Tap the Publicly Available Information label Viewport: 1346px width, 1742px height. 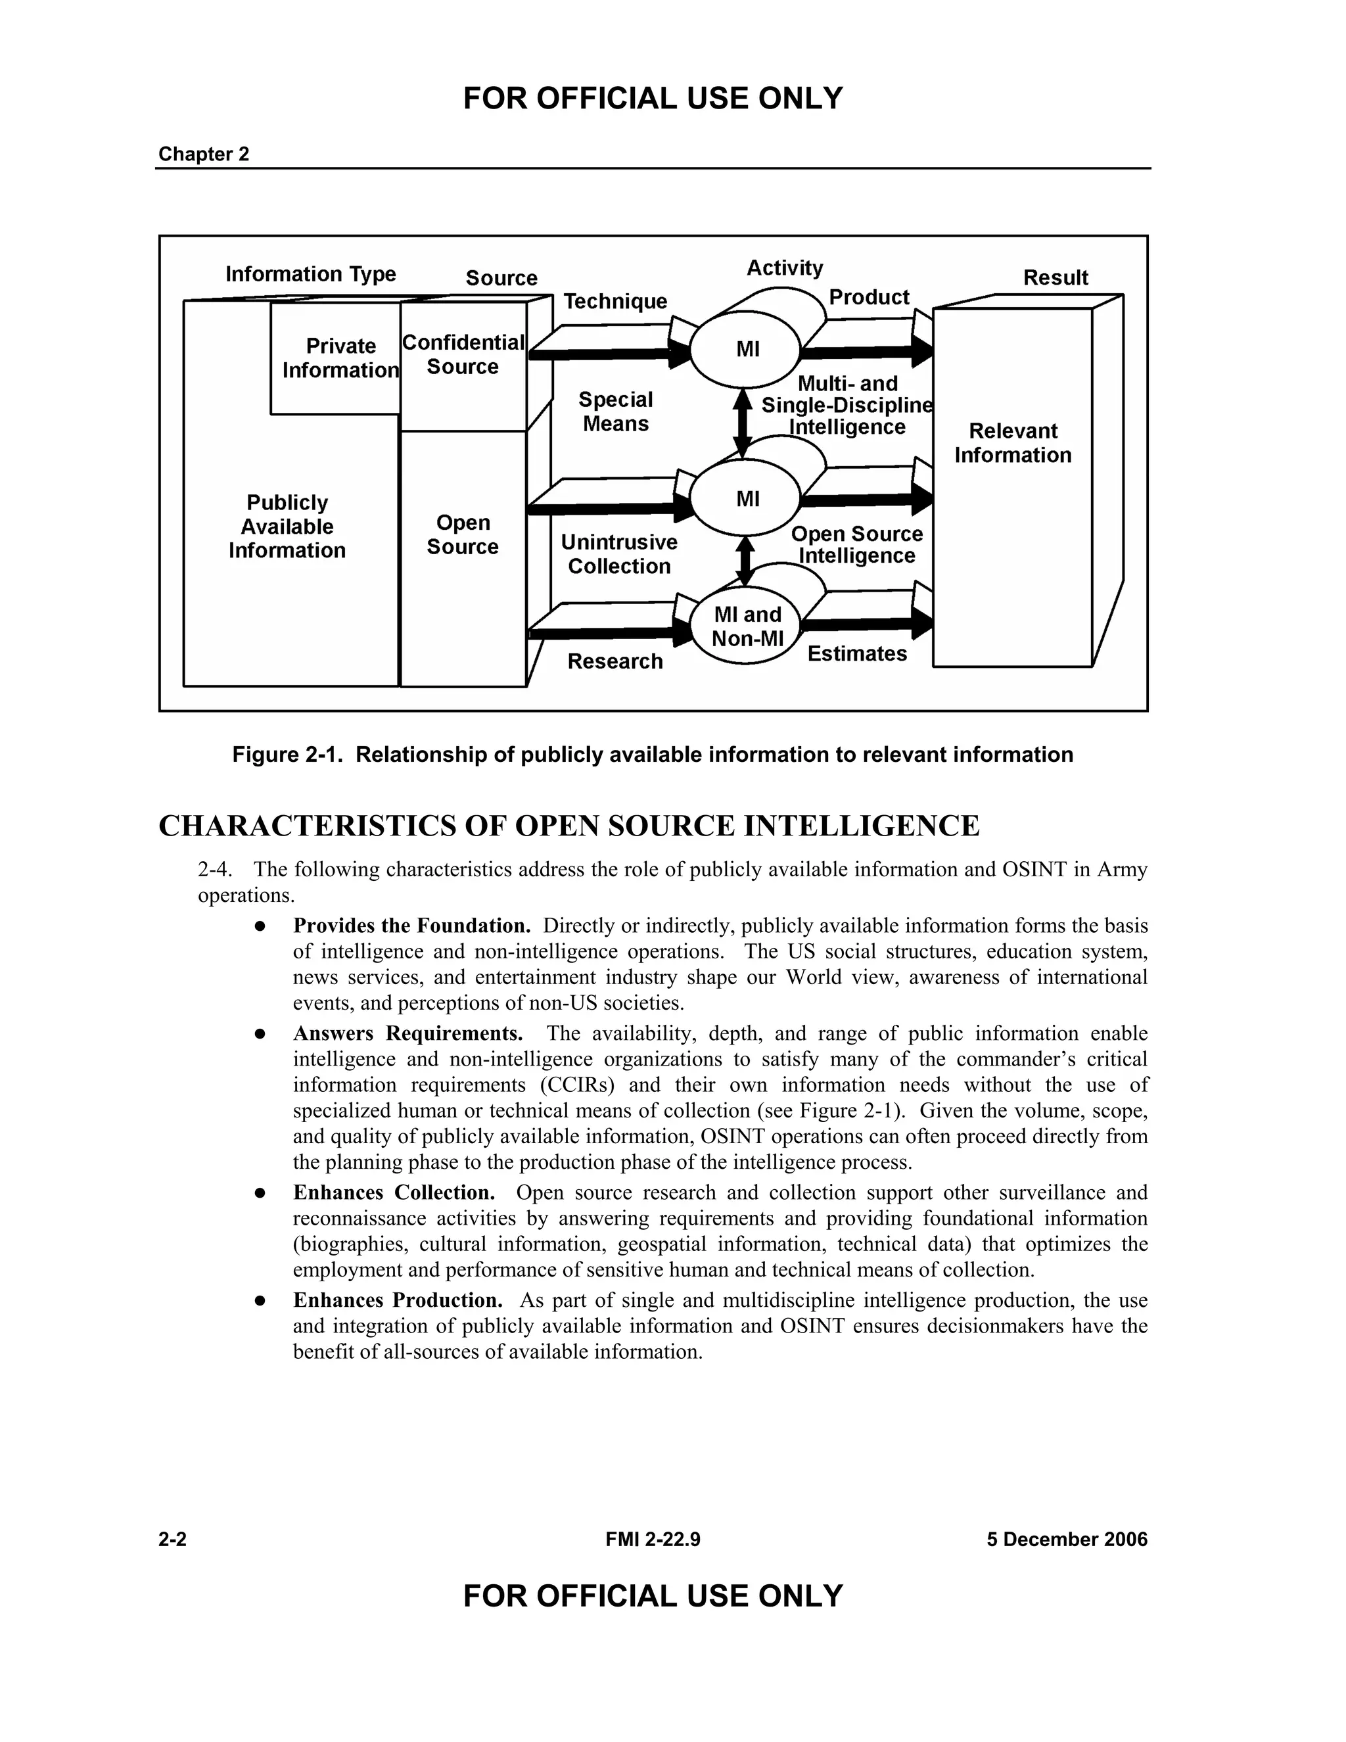287,527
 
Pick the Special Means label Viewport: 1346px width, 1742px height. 616,412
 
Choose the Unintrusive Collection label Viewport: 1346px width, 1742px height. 618,554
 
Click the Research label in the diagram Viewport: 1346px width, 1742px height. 615,661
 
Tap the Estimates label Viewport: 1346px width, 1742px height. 857,654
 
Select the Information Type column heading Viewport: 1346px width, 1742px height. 310,274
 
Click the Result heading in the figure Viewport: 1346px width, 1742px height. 1055,277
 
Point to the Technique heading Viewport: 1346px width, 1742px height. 615,302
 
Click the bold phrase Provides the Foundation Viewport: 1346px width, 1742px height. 411,926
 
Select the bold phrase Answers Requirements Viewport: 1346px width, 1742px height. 407,1034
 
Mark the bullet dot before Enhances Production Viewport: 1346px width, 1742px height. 260,1301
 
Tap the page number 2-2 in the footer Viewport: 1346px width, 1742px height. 172,1540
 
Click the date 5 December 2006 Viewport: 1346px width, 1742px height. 1067,1540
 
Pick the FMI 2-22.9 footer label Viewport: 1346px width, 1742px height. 652,1540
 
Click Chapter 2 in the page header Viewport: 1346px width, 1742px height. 203,154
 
